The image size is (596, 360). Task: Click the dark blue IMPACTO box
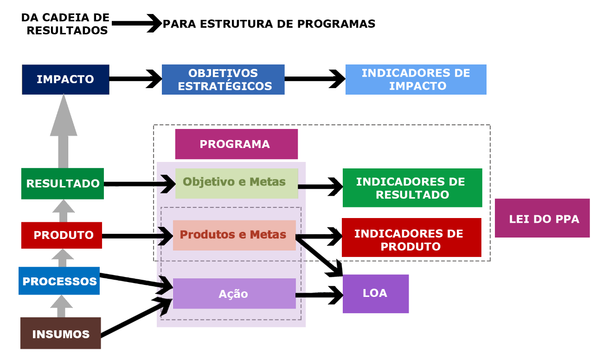click(65, 79)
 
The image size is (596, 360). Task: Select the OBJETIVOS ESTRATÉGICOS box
click(223, 79)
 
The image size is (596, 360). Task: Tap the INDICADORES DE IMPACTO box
click(416, 79)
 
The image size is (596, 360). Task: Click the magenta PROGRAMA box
click(236, 144)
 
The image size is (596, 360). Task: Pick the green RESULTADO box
click(63, 184)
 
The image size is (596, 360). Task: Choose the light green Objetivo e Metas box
click(237, 183)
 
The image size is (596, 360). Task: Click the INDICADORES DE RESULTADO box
click(412, 187)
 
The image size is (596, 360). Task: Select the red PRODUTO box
click(62, 235)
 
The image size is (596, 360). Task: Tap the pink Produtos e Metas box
click(234, 235)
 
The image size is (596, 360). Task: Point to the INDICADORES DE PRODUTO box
click(411, 238)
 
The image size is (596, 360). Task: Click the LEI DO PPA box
click(542, 218)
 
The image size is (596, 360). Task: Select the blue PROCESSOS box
click(59, 281)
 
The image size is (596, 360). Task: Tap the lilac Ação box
click(234, 294)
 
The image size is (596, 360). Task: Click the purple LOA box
click(376, 294)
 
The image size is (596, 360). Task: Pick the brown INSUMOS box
click(61, 333)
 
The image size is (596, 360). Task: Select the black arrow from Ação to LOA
click(319, 295)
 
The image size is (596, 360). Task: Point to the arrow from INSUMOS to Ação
click(136, 318)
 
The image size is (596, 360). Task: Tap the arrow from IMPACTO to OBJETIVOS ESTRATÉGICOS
click(135, 79)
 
